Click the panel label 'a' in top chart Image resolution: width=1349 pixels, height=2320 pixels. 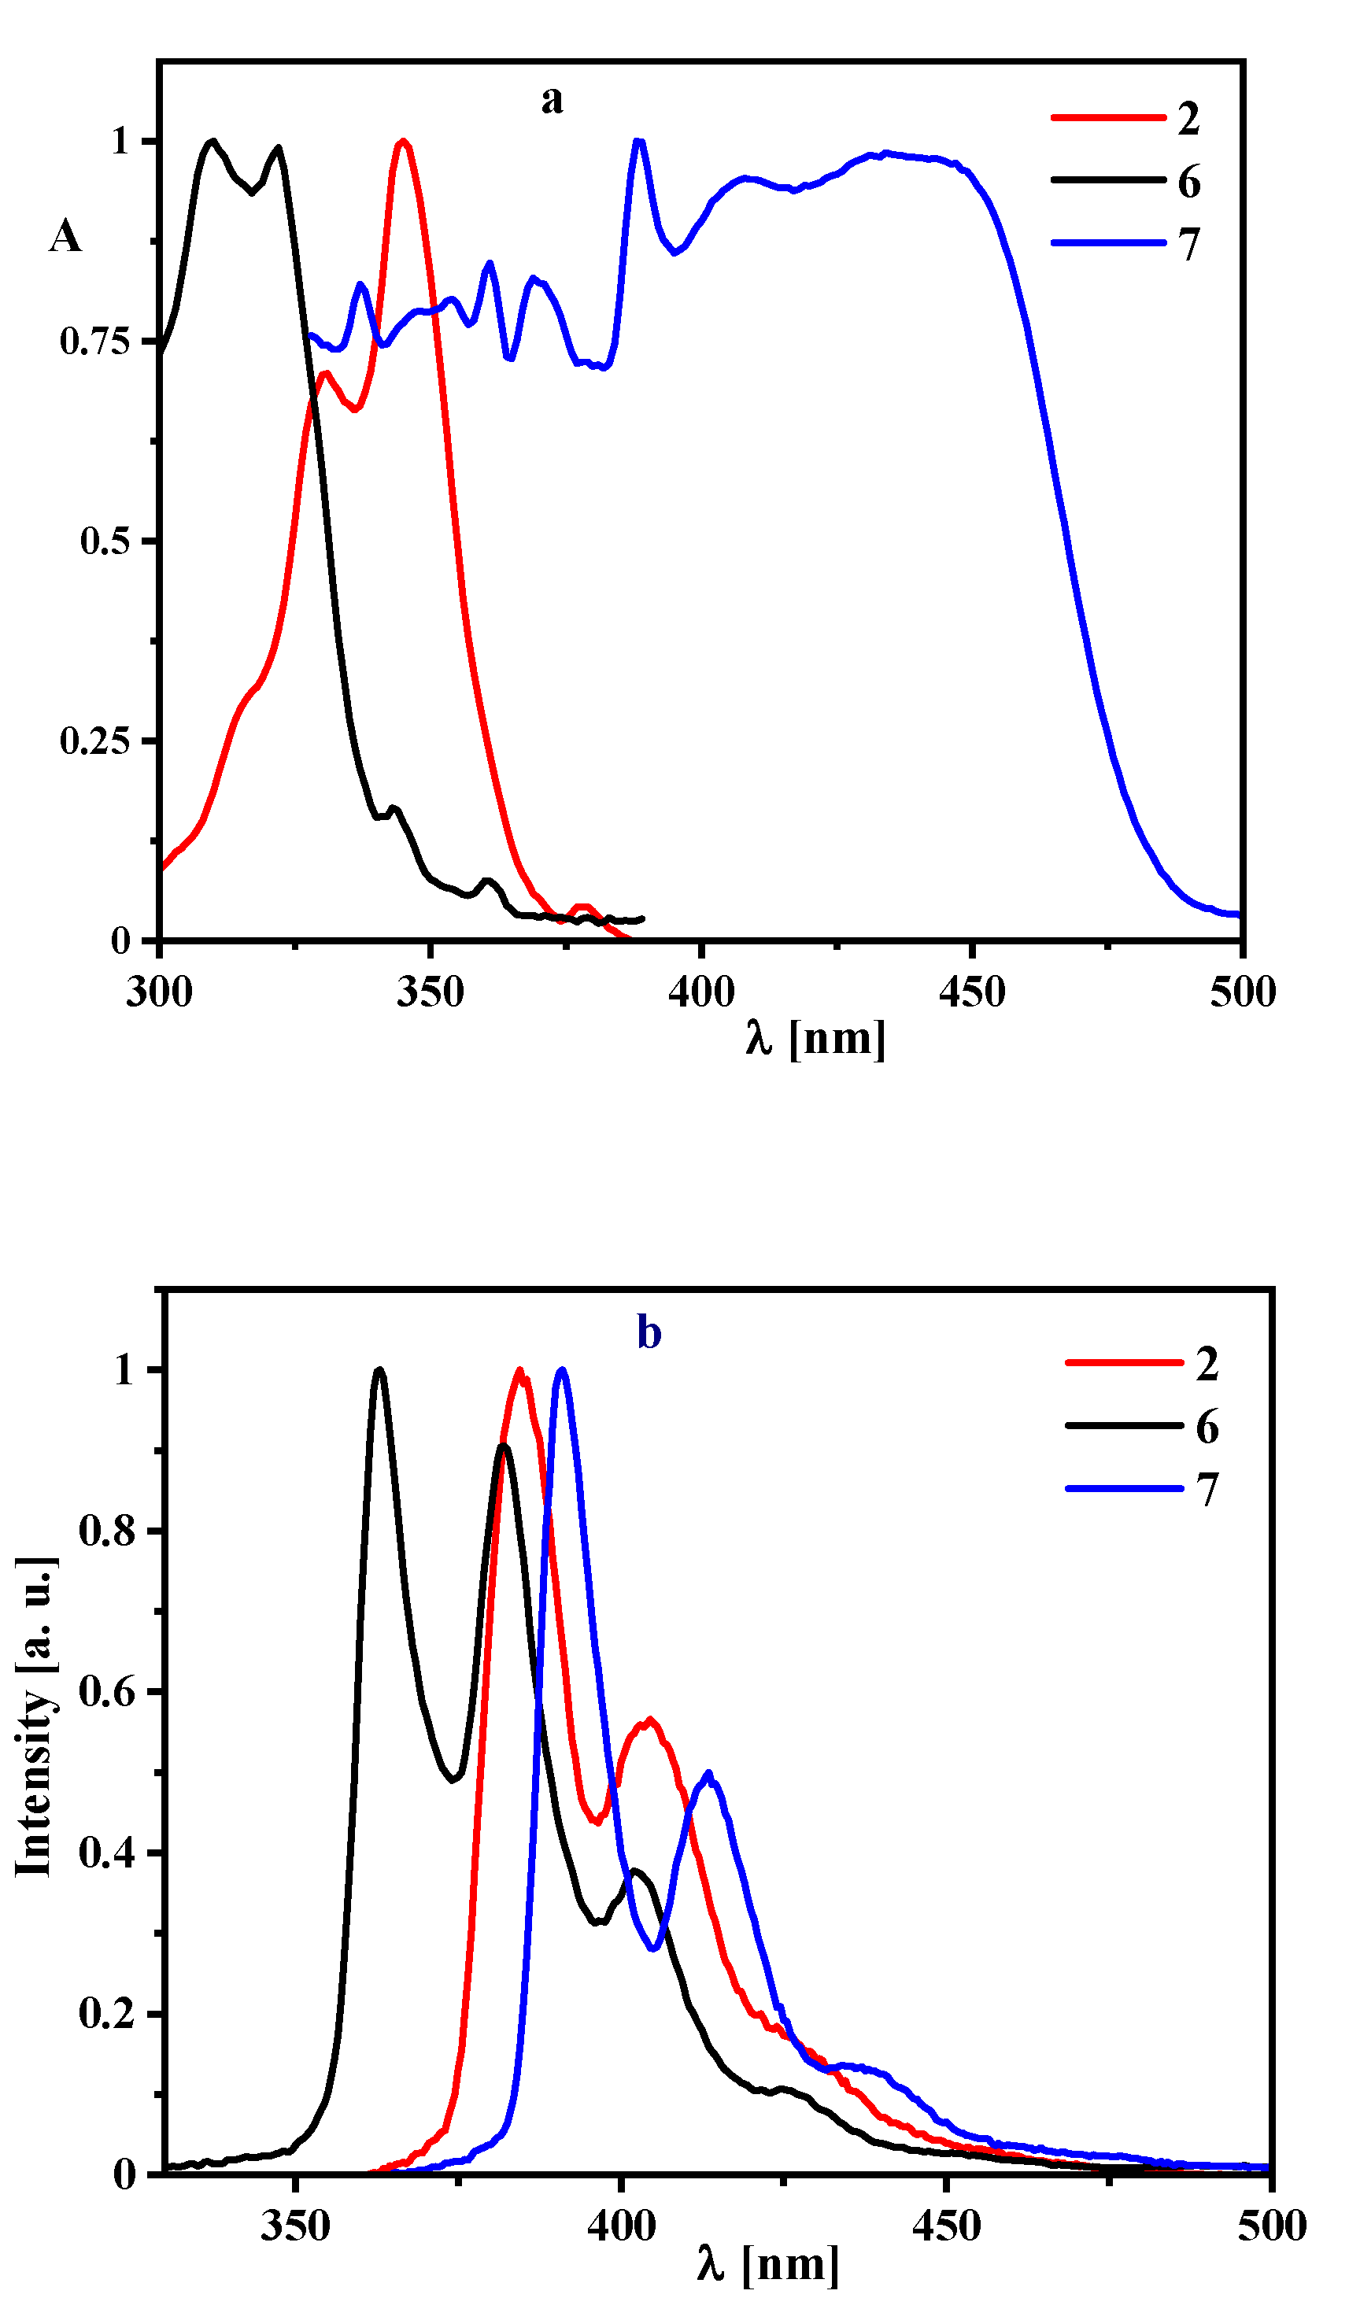[551, 99]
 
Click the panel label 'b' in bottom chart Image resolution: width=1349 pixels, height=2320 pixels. [649, 1333]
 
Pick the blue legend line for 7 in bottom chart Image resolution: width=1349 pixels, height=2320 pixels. [1122, 1489]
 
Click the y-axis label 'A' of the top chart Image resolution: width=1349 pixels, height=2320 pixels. [65, 237]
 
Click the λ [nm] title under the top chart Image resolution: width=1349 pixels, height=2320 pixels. [815, 1039]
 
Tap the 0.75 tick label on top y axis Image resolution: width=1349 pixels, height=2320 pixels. [95, 342]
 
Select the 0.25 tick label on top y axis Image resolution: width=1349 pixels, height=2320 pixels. [95, 741]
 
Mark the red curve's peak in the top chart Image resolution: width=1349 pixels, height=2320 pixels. [402, 142]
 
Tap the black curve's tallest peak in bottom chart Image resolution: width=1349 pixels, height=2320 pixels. [379, 1369]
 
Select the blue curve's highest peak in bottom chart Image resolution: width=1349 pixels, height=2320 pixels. [562, 1370]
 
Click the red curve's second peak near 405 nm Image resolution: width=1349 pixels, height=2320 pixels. [650, 1720]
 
